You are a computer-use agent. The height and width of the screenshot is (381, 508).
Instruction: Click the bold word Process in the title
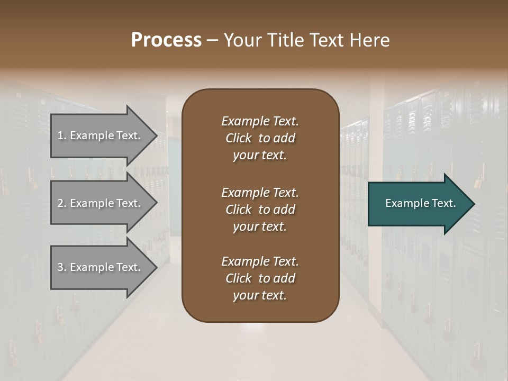pos(166,40)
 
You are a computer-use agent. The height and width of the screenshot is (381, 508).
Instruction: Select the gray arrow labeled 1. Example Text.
pos(101,136)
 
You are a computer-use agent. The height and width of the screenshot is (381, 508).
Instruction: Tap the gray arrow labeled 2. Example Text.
pos(101,203)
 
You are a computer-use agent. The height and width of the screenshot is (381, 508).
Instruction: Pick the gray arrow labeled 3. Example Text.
pos(101,267)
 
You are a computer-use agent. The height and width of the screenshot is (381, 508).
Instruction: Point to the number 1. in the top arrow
pos(62,136)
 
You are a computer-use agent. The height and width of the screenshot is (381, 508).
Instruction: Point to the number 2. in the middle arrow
pos(62,203)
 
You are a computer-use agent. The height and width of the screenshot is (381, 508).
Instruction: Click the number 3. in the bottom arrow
pos(62,267)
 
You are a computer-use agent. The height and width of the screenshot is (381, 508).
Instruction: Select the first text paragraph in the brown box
pos(260,138)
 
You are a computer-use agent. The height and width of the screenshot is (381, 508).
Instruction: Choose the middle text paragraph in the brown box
pos(260,210)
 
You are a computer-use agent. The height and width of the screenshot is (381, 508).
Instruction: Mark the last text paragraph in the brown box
pos(260,278)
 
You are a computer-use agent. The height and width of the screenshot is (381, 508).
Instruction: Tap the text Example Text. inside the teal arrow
pos(421,203)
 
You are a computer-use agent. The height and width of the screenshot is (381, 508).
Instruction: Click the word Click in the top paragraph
pos(239,138)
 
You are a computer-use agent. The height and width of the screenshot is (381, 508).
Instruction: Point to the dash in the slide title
pos(212,40)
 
